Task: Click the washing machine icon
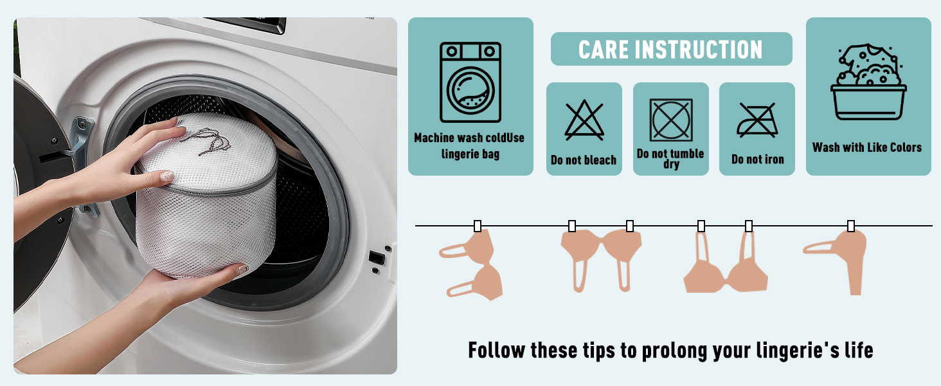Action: [x=470, y=82]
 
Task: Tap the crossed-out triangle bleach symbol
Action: [x=584, y=120]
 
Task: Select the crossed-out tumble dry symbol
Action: [x=671, y=120]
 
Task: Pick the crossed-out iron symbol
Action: [x=757, y=120]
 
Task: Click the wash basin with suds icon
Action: [x=868, y=82]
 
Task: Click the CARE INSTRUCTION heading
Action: [x=670, y=50]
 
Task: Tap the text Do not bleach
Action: [x=584, y=160]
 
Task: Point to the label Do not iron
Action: [x=757, y=160]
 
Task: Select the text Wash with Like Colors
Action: [x=867, y=147]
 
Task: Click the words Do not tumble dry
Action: [x=670, y=158]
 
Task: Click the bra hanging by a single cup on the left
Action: [x=472, y=264]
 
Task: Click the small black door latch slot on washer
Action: [x=377, y=257]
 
